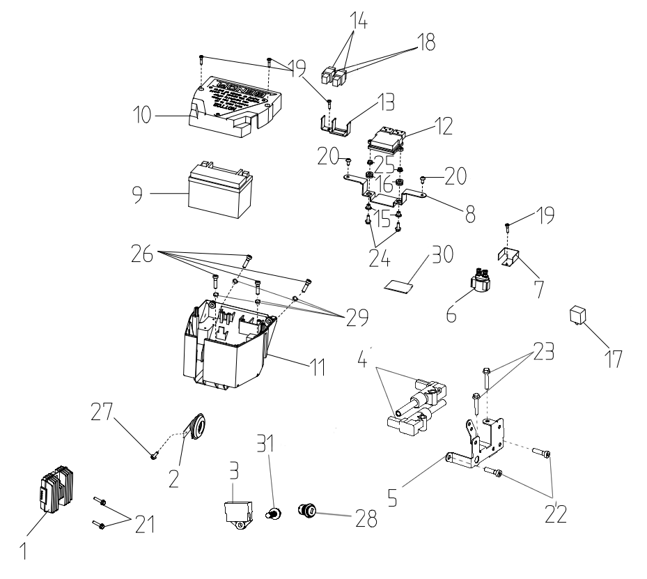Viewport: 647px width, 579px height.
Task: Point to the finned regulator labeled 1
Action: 52,494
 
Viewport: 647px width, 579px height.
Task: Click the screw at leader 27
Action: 154,456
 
